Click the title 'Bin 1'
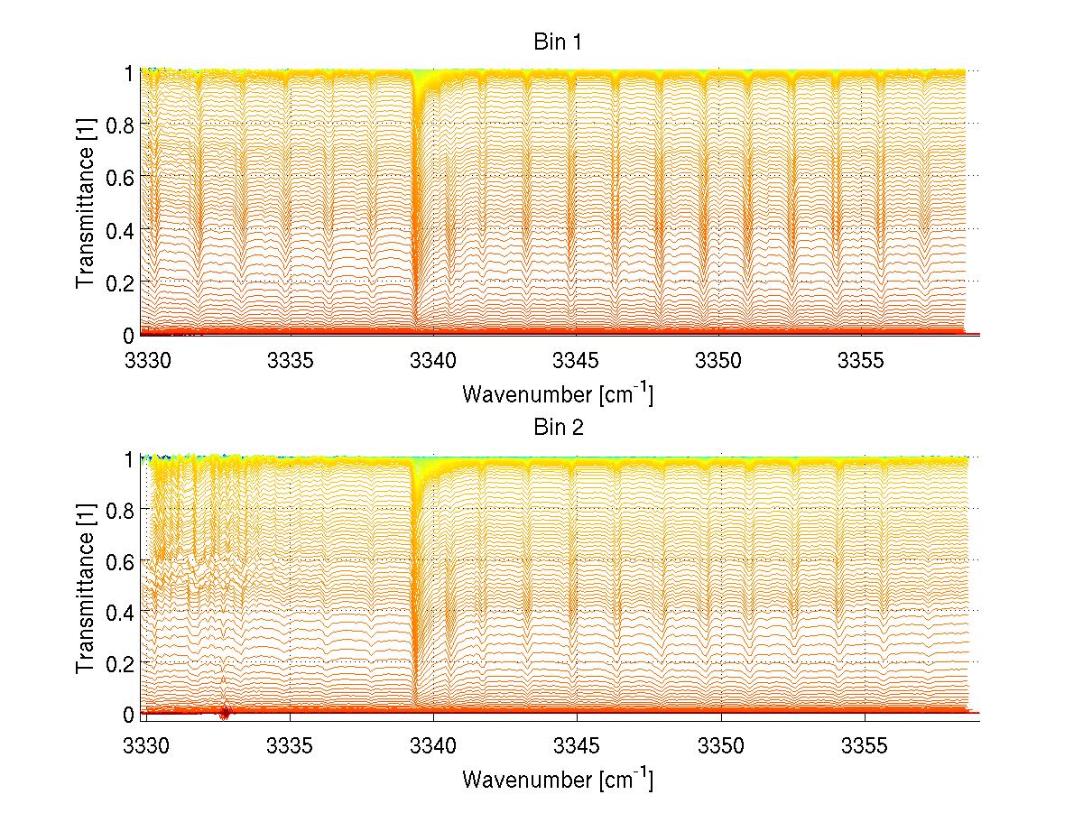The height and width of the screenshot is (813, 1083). (x=557, y=42)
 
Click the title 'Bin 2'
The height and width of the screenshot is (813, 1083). (x=557, y=427)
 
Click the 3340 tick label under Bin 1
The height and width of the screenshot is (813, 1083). (x=433, y=362)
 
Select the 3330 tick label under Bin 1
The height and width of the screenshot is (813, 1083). (x=147, y=362)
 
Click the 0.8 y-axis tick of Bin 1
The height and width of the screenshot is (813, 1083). (x=121, y=125)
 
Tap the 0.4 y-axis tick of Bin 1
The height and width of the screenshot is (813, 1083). (x=121, y=229)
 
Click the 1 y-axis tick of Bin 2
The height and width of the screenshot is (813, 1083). (x=129, y=459)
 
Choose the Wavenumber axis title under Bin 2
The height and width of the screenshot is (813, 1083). (x=557, y=779)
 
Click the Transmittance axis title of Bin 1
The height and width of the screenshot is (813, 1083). (x=86, y=204)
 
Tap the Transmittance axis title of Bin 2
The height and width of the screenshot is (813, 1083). (x=86, y=588)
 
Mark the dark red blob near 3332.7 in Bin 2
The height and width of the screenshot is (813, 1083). (x=225, y=713)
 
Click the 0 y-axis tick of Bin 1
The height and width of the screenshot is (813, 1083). (x=129, y=334)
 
